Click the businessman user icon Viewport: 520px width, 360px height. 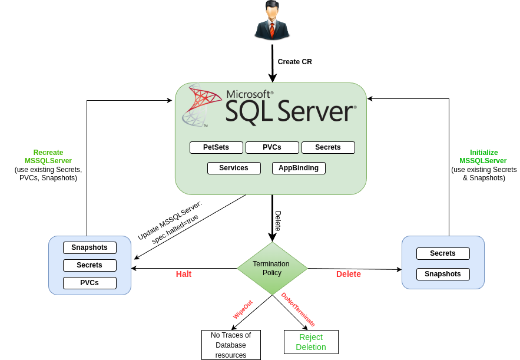click(x=272, y=21)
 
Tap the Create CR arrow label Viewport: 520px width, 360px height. click(x=294, y=62)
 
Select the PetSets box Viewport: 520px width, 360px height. click(x=216, y=147)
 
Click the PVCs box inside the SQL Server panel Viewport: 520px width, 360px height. click(x=272, y=147)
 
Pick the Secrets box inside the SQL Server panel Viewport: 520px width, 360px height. click(x=328, y=147)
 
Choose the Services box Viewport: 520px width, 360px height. click(x=234, y=168)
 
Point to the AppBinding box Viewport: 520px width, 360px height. click(x=299, y=168)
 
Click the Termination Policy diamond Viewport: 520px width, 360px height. click(x=272, y=269)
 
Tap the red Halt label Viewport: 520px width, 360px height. click(x=184, y=274)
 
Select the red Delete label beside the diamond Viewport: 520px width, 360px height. click(x=349, y=274)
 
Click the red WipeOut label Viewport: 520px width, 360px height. click(x=243, y=309)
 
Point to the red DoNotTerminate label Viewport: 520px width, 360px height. click(x=298, y=309)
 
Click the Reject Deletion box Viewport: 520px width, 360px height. click(x=311, y=342)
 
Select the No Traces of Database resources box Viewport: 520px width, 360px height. click(x=231, y=345)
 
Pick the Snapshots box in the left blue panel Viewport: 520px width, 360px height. click(x=90, y=247)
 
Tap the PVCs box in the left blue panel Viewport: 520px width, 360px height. click(x=90, y=283)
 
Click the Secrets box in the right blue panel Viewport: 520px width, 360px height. click(x=443, y=253)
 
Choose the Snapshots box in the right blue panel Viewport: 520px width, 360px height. click(x=443, y=274)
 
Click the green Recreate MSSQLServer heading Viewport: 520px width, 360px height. click(x=48, y=156)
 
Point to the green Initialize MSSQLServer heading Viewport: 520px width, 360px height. click(x=483, y=156)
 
